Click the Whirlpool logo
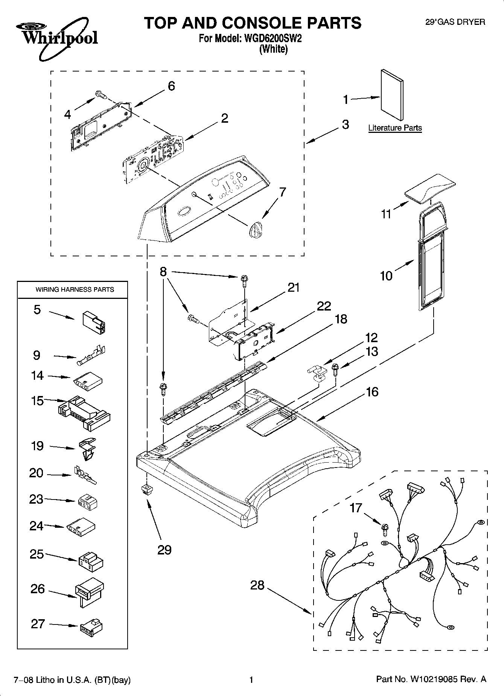pos(56,38)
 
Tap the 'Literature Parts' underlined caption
pos(395,128)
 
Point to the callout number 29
pos(164,550)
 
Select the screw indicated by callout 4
pos(100,95)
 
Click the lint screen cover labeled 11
pos(429,187)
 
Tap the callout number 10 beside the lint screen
pos(386,276)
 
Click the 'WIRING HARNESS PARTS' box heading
pos(75,289)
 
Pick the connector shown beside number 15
pos(84,413)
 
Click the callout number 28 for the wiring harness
pos(257,585)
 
